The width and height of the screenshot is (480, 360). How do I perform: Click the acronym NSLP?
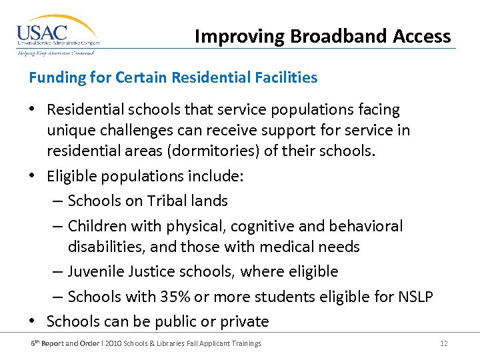[x=416, y=296]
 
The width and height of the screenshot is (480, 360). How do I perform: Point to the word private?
[x=243, y=321]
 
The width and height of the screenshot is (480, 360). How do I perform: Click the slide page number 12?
[x=443, y=343]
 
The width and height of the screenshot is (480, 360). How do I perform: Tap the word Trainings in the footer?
[x=246, y=343]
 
